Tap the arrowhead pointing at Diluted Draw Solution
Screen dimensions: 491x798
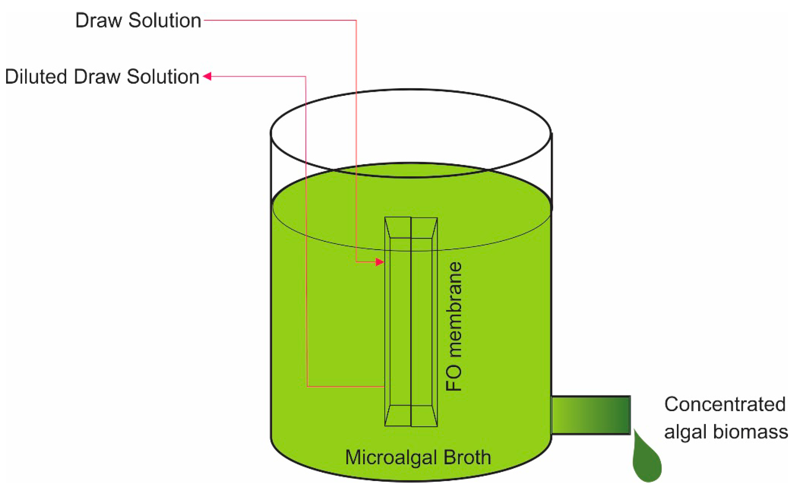(207, 76)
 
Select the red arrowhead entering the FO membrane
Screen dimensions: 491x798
(380, 262)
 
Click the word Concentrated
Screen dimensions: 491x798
(725, 404)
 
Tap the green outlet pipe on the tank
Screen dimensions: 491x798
(591, 415)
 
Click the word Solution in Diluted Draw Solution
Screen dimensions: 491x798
(163, 77)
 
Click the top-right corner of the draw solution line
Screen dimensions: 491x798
(356, 20)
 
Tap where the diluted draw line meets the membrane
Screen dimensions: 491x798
(385, 387)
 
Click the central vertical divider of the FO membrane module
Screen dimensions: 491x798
(411, 321)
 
